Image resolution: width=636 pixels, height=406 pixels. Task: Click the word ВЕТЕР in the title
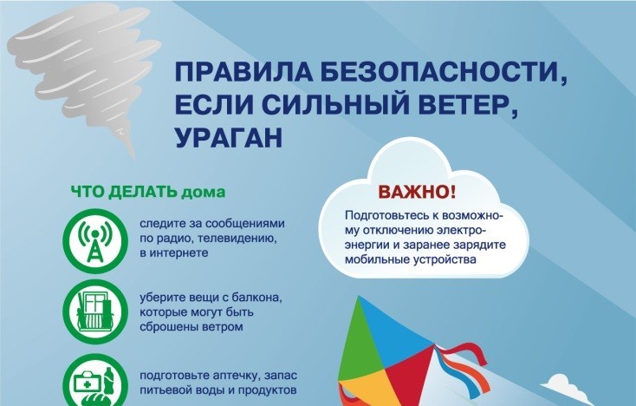468,106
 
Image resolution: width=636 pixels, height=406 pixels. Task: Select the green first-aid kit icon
91,382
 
